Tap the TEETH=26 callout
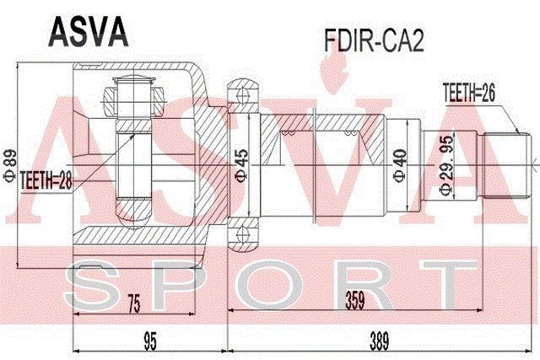468,95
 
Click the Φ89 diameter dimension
11,161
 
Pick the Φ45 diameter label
240,161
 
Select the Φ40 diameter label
400,161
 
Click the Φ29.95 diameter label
445,173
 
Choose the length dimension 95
150,341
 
